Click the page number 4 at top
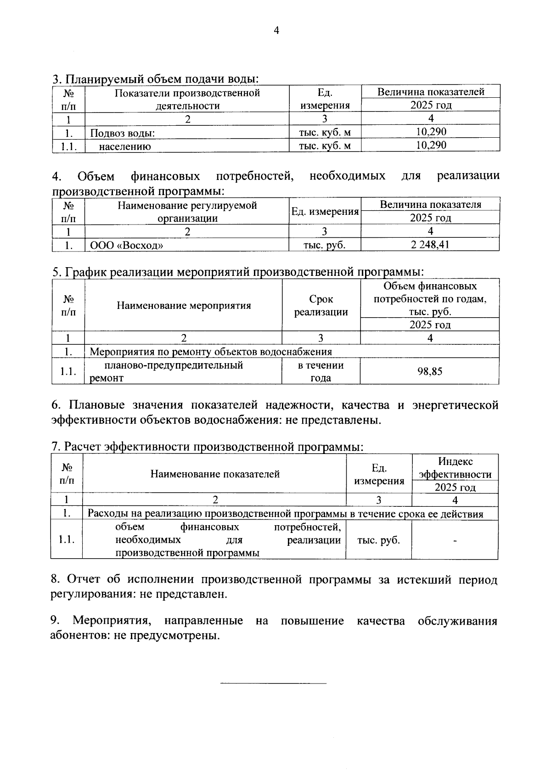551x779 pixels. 276,31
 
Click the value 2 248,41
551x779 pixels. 430,245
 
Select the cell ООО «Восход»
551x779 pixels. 127,245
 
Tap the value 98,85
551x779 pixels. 430,371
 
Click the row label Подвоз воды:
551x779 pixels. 123,134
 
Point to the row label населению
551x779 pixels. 125,146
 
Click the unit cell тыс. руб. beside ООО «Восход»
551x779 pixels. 324,245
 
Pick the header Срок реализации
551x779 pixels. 321,306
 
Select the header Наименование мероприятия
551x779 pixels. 184,305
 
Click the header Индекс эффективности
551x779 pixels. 455,468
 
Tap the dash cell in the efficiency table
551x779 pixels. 455,541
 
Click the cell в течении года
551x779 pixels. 321,371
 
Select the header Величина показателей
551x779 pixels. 430,92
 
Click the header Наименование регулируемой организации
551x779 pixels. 187,212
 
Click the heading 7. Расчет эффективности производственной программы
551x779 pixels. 207,446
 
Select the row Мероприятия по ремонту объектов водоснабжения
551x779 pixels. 211,352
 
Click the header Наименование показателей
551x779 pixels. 215,474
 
